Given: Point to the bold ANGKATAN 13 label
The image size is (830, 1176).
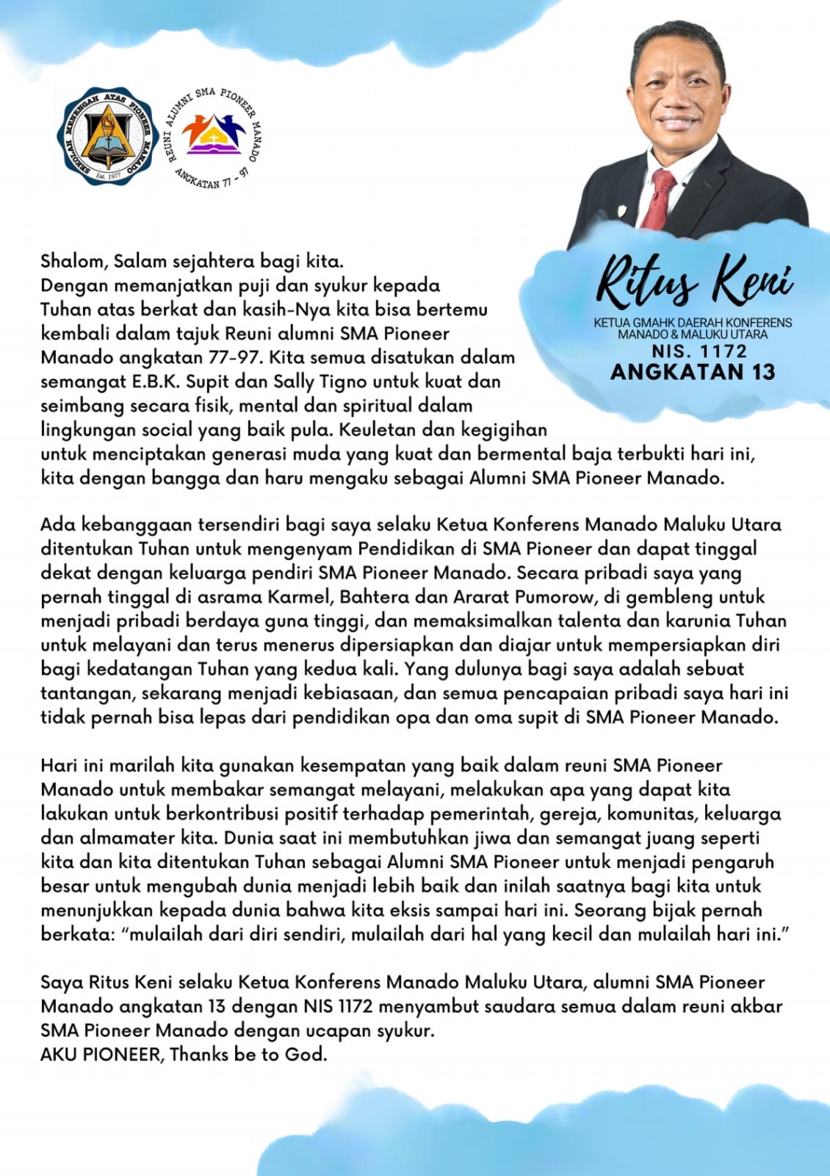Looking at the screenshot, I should tap(693, 372).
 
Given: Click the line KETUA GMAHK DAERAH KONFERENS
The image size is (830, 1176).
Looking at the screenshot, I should tap(693, 323).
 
